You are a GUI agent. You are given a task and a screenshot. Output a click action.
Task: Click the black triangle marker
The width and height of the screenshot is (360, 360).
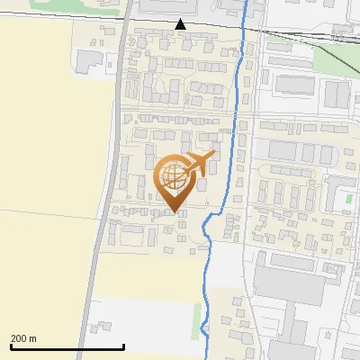pyautogui.click(x=182, y=24)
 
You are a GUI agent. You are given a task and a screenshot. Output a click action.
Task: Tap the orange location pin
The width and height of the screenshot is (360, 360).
pyautogui.click(x=175, y=180)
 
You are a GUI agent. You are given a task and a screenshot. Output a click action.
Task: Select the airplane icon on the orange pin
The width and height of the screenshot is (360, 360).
pyautogui.click(x=198, y=164)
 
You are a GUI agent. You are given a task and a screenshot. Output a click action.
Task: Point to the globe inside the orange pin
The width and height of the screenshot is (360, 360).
pyautogui.click(x=172, y=176)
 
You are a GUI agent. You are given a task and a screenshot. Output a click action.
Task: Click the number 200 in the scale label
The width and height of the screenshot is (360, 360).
pyautogui.click(x=18, y=338)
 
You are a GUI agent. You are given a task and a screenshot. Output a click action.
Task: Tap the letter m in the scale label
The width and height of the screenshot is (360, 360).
pyautogui.click(x=32, y=338)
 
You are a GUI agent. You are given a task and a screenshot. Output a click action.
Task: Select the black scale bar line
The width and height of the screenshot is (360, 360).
pyautogui.click(x=67, y=347)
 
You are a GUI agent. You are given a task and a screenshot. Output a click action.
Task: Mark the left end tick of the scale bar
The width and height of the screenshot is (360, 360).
pyautogui.click(x=11, y=346)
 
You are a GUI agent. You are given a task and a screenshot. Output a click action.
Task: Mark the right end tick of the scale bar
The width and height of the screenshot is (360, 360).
pyautogui.click(x=123, y=346)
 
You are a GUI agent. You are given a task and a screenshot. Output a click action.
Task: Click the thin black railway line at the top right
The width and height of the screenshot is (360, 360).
pyautogui.click(x=306, y=35)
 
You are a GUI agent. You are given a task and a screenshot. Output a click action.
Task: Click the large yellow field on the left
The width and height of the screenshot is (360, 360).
pyautogui.click(x=45, y=162)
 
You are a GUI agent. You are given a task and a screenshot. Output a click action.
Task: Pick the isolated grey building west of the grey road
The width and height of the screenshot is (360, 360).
pyautogui.click(x=90, y=61)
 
